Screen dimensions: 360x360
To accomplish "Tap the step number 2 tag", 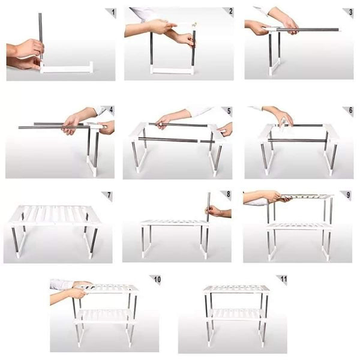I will (229, 11).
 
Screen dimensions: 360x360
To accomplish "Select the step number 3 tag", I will (347, 11).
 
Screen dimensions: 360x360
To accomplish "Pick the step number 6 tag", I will (347, 111).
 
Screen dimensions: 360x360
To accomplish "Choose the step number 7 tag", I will (108, 196).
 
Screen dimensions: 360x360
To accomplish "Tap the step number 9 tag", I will (347, 195).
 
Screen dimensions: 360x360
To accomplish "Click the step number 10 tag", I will (158, 280).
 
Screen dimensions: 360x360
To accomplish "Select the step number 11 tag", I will (281, 280).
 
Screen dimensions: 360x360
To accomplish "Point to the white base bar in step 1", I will (67, 68).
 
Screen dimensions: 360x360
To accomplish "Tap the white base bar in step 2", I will (171, 70).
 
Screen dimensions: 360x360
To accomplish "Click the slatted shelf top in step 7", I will (54, 214).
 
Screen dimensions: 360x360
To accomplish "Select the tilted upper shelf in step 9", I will (306, 196).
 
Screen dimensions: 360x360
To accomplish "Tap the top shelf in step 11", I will (236, 289).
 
